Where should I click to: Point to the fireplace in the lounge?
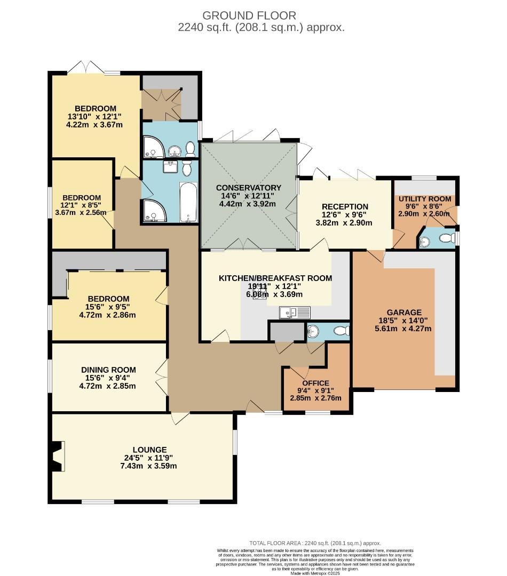[58, 456]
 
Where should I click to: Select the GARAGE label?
[404, 313]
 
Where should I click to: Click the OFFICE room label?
[315, 383]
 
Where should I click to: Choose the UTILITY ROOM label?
[425, 199]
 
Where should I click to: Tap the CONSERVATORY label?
[248, 188]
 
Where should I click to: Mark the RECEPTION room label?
[345, 207]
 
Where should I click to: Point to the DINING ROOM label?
[108, 370]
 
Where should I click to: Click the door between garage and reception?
[378, 255]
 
